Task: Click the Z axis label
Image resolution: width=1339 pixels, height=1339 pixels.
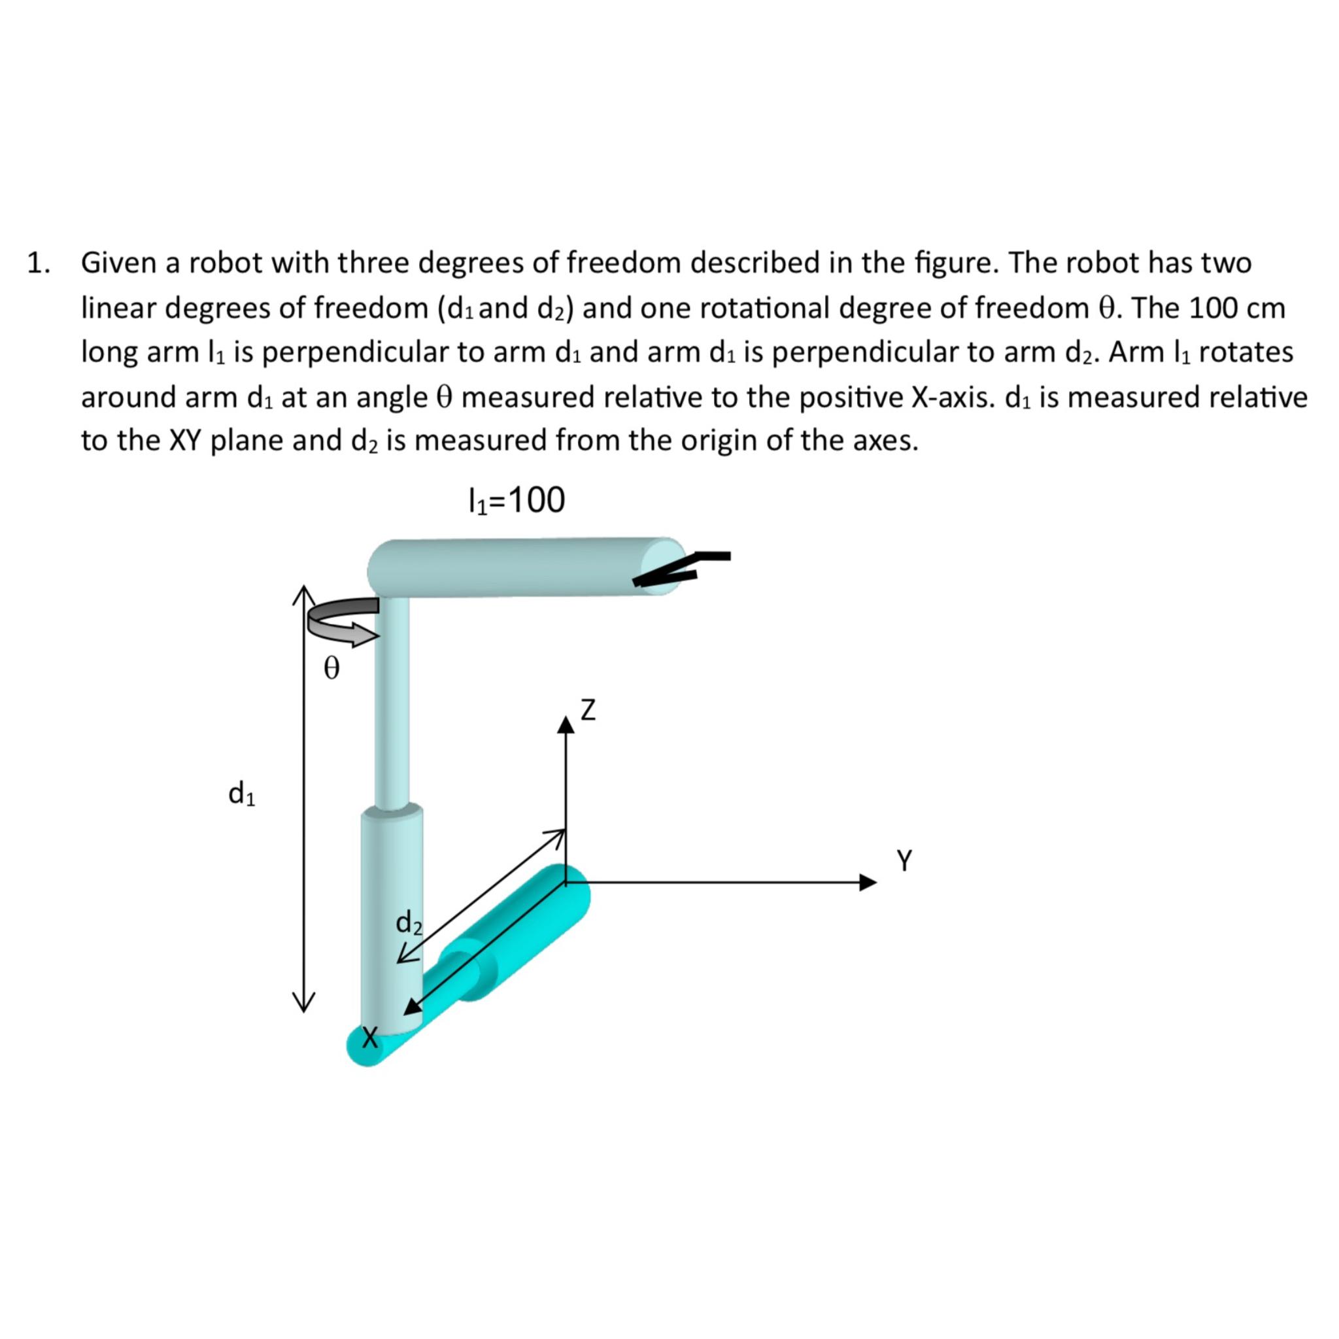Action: pos(588,711)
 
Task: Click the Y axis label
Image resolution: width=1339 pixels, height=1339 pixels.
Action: pos(904,860)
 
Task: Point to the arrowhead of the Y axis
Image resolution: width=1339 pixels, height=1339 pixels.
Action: pos(868,882)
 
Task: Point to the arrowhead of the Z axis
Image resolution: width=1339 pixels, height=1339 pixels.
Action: pos(566,725)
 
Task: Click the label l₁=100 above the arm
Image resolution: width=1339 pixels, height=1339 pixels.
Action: pos(517,500)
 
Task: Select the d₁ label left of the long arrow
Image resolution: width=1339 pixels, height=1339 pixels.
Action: pos(242,793)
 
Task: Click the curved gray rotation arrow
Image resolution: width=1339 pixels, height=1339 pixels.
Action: pos(339,620)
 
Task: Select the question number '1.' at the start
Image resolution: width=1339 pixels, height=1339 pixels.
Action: pos(39,263)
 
